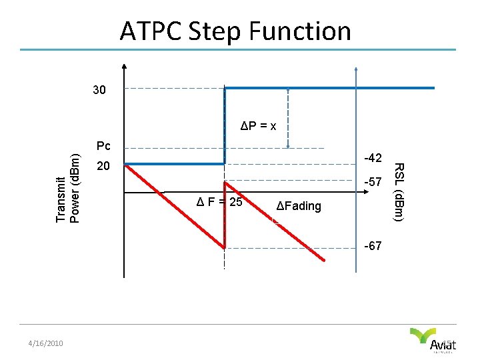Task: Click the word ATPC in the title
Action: pyautogui.click(x=152, y=31)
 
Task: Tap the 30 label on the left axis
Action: pyautogui.click(x=99, y=90)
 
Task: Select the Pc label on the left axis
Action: pyautogui.click(x=103, y=145)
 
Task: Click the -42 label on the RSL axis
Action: pyautogui.click(x=373, y=158)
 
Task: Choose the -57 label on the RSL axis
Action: pyautogui.click(x=373, y=181)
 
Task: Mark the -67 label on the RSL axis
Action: pyautogui.click(x=373, y=246)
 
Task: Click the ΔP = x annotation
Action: pyautogui.click(x=259, y=125)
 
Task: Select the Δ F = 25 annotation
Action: pyautogui.click(x=219, y=202)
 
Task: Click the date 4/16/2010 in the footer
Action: pyautogui.click(x=45, y=343)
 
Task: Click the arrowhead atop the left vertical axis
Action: pyautogui.click(x=124, y=67)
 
